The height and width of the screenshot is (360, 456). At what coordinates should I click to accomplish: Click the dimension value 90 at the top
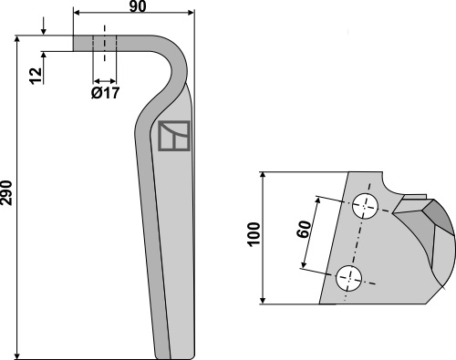[x=138, y=6]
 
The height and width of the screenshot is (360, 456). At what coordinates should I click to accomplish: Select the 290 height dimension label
[x=6, y=193]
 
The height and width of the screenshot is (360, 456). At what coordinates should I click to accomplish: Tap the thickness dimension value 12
[x=36, y=76]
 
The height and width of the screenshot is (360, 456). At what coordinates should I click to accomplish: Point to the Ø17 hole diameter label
[x=105, y=93]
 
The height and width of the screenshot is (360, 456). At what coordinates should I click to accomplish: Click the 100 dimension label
[x=254, y=234]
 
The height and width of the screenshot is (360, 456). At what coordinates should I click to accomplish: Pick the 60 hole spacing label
[x=305, y=229]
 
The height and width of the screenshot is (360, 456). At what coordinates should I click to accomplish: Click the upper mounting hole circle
[x=365, y=206]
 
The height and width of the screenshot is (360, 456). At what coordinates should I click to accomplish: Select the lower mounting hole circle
[x=348, y=278]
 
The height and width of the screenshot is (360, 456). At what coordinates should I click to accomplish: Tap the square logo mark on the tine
[x=174, y=136]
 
